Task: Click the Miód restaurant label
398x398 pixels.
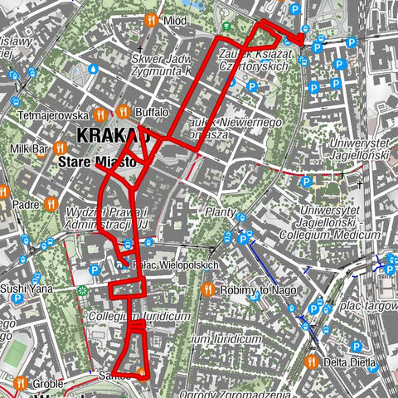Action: pyautogui.click(x=176, y=20)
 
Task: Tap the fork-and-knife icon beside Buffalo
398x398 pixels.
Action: pyautogui.click(x=124, y=111)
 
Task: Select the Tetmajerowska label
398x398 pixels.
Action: pyautogui.click(x=50, y=116)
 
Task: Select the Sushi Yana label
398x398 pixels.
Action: pyautogui.click(x=26, y=289)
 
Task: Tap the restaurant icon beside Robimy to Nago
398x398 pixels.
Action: pyautogui.click(x=206, y=289)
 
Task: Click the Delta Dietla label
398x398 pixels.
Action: pyautogui.click(x=349, y=362)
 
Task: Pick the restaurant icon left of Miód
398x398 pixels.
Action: pyautogui.click(x=151, y=20)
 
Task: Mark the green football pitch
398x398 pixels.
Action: pyautogui.click(x=14, y=355)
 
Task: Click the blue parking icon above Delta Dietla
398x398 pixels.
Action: pyautogui.click(x=356, y=347)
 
